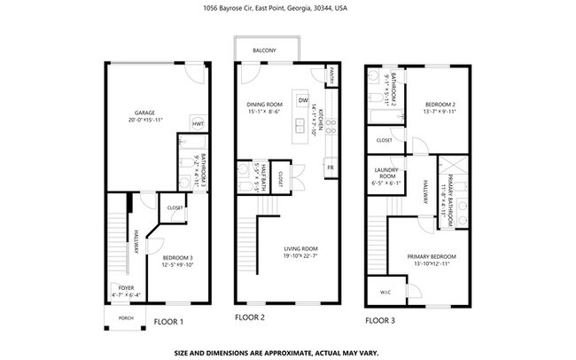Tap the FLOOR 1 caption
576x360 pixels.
[x=168, y=322]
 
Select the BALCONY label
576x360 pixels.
[x=265, y=51]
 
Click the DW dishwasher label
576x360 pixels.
[x=303, y=100]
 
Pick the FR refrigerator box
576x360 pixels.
[x=330, y=167]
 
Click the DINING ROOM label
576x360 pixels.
[x=263, y=105]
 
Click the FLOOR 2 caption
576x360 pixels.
[x=250, y=317]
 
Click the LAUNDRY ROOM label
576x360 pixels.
[x=385, y=175]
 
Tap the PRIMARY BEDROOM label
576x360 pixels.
[x=425, y=257]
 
